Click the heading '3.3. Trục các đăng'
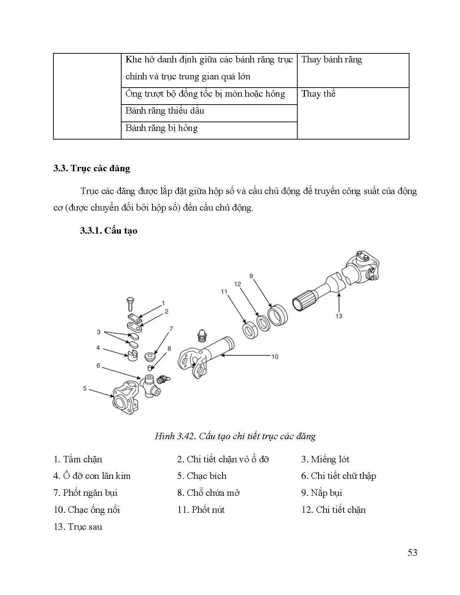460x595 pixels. coord(92,168)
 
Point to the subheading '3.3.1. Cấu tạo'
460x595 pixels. coord(109,231)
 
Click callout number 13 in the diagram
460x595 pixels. coord(338,316)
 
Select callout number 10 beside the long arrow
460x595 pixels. coord(275,357)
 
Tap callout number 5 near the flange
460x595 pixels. coord(85,388)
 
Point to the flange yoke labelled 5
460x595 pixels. coord(124,397)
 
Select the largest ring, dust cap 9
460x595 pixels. coord(278,315)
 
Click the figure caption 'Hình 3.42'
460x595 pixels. coord(235,436)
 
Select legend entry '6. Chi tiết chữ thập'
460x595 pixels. coord(338,476)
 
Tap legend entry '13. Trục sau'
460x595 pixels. coord(78,527)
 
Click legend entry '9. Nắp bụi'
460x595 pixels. coord(321,493)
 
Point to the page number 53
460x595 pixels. coord(412,552)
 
